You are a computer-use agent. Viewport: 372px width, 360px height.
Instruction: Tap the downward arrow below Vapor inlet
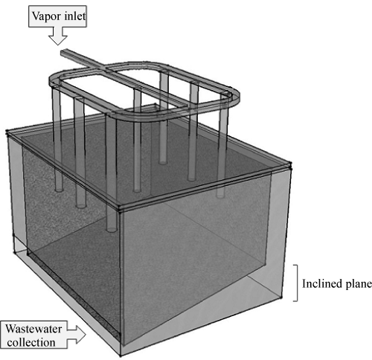(58, 36)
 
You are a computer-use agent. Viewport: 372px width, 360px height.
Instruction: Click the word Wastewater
(33, 329)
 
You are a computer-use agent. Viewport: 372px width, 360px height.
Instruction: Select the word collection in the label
(31, 343)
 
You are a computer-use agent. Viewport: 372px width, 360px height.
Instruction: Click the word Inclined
(318, 283)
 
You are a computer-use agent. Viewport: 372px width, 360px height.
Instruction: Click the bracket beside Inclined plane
(296, 283)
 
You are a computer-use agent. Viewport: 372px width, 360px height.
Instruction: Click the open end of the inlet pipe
(63, 52)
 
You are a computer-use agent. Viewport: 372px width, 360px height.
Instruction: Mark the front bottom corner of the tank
(121, 356)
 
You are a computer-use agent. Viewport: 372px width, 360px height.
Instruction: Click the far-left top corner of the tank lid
(7, 132)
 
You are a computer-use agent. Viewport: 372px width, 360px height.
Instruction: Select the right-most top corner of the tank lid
(290, 164)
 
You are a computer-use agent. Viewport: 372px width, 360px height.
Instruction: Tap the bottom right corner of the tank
(282, 297)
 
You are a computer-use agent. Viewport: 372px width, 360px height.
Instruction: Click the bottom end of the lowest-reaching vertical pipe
(112, 230)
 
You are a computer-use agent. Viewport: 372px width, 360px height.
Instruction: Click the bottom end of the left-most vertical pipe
(59, 190)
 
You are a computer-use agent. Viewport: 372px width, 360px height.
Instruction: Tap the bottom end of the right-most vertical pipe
(220, 196)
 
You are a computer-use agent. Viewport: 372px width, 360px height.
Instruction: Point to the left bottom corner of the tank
(15, 252)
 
